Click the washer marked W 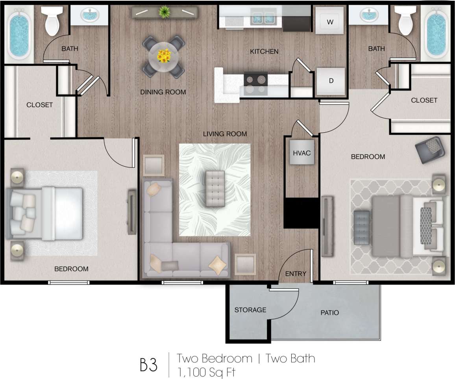coord(330,22)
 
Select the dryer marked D coord(331,81)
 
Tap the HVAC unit coord(302,152)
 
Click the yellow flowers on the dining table coord(163,56)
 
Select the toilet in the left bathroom coord(52,22)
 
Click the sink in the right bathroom coord(370,16)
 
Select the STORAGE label coord(250,310)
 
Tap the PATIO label coord(329,313)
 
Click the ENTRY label coord(296,274)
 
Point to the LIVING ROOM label coord(225,134)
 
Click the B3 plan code coord(148,365)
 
